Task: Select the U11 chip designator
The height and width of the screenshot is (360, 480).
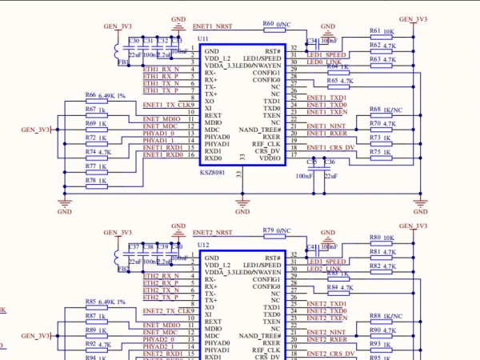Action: coord(202,38)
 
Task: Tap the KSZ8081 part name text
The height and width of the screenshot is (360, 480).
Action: coord(213,171)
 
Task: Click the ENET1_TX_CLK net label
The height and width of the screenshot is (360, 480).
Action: coord(167,105)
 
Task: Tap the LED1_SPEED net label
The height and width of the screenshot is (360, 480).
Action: coord(326,54)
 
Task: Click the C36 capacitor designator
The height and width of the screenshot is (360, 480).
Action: coord(330,162)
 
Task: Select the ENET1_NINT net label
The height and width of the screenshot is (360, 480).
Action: coord(327,126)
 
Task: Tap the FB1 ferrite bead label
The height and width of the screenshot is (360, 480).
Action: coord(123,61)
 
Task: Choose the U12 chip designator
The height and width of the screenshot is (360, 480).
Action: coord(202,244)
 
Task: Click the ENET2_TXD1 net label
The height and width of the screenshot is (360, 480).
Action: coord(326,304)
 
